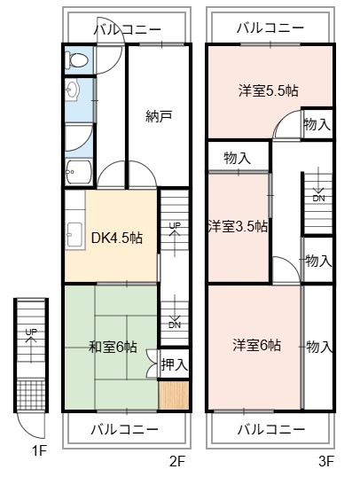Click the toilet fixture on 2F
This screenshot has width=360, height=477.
[76, 60]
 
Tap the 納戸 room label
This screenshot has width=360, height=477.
[159, 116]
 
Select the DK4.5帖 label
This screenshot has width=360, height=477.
[117, 238]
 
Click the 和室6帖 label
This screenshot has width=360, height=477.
[113, 347]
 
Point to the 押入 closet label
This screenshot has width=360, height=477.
[175, 364]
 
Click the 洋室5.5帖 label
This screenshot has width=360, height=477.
[269, 90]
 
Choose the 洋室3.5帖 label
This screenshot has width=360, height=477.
[238, 227]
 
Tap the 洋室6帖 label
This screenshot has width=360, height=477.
[257, 345]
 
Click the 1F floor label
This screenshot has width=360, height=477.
[39, 450]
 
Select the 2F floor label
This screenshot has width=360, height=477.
[177, 462]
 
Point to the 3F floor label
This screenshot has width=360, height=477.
[326, 462]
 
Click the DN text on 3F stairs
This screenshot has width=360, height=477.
[318, 199]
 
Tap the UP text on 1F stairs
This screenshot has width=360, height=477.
[31, 332]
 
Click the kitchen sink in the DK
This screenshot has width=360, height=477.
[74, 235]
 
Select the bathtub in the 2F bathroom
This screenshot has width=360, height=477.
[79, 172]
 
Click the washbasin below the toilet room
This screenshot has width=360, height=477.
[73, 90]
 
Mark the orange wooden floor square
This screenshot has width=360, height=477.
[174, 395]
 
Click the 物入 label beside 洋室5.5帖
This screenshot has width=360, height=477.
[317, 125]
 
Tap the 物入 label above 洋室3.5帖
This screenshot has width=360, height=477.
[237, 158]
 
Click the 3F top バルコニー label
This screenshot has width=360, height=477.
[270, 28]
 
